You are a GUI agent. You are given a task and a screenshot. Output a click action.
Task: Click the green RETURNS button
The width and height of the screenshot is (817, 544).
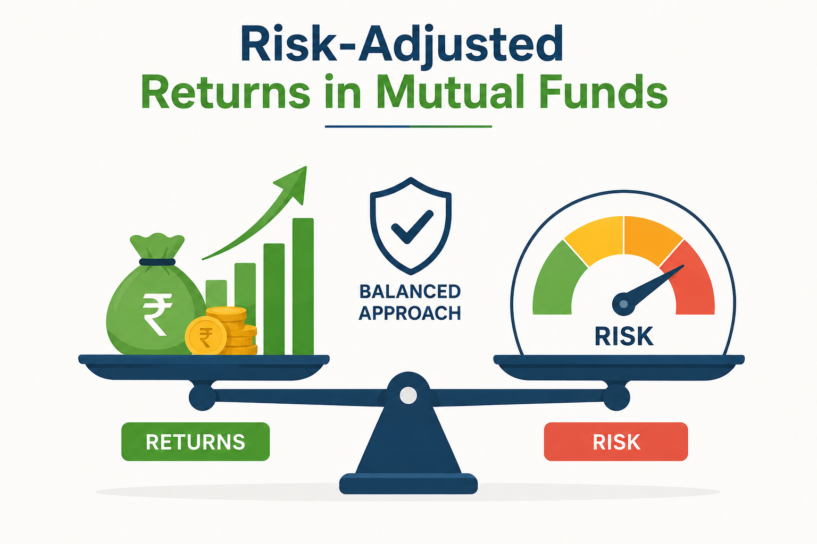196,441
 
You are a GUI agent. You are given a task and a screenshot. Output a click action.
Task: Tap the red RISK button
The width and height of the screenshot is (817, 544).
616,441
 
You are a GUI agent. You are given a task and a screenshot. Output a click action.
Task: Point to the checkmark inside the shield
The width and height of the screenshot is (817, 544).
412,227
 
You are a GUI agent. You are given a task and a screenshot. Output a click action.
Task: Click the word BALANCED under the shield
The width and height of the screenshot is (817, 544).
410,292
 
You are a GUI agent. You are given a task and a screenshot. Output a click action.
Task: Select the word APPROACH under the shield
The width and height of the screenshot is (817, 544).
410,313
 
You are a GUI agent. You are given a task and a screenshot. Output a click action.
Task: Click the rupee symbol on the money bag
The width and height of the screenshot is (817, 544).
157,314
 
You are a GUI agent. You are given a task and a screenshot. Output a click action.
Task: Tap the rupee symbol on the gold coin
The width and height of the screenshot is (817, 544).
206,337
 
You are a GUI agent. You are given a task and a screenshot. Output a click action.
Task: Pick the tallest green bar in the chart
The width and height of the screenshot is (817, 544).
303,286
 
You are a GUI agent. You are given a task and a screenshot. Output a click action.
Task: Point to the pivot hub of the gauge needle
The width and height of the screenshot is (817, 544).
624,304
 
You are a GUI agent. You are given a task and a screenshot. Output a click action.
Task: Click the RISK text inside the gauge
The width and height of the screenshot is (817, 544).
624,336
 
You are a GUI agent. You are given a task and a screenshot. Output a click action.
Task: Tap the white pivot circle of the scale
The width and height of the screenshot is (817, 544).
408,395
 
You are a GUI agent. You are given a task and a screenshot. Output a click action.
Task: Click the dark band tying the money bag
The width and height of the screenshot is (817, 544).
157,262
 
